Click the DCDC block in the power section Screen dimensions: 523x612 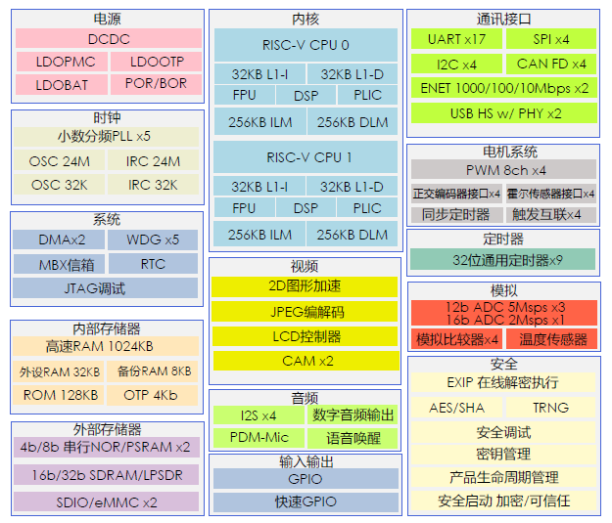108,39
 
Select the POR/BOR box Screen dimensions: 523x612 155,84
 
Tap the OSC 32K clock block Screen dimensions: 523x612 59,184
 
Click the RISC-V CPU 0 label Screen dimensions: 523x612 306,45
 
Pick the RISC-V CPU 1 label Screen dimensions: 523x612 306,157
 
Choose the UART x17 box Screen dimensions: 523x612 456,39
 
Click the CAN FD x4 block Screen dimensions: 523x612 551,64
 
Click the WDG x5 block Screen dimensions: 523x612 153,240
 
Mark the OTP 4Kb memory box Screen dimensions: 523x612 151,395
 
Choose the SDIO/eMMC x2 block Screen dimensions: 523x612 108,501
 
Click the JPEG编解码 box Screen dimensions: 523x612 306,312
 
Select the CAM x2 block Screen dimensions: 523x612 306,361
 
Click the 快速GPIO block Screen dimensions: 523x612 306,501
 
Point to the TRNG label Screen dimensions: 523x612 550,408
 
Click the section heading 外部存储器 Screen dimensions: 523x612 107,429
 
